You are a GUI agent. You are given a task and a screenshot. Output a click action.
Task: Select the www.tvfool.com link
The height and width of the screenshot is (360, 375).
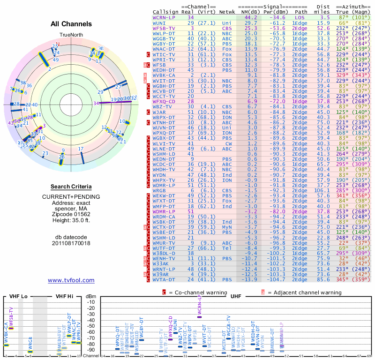[x=71, y=280]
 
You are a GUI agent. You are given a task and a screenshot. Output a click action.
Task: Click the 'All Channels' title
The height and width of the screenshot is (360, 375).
[x=71, y=24]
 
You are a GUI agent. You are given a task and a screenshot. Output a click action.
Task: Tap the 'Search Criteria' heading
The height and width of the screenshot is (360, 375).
[x=71, y=187]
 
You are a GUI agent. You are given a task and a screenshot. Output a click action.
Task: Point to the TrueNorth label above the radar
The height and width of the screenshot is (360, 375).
[x=71, y=35]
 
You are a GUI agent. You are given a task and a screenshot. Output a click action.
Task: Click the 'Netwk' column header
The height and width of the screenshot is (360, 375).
[x=227, y=11]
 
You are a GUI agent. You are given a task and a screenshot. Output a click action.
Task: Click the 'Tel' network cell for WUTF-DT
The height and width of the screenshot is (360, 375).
[x=227, y=248]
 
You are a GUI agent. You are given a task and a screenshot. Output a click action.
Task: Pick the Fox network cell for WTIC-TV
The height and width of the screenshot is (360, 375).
[x=227, y=54]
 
